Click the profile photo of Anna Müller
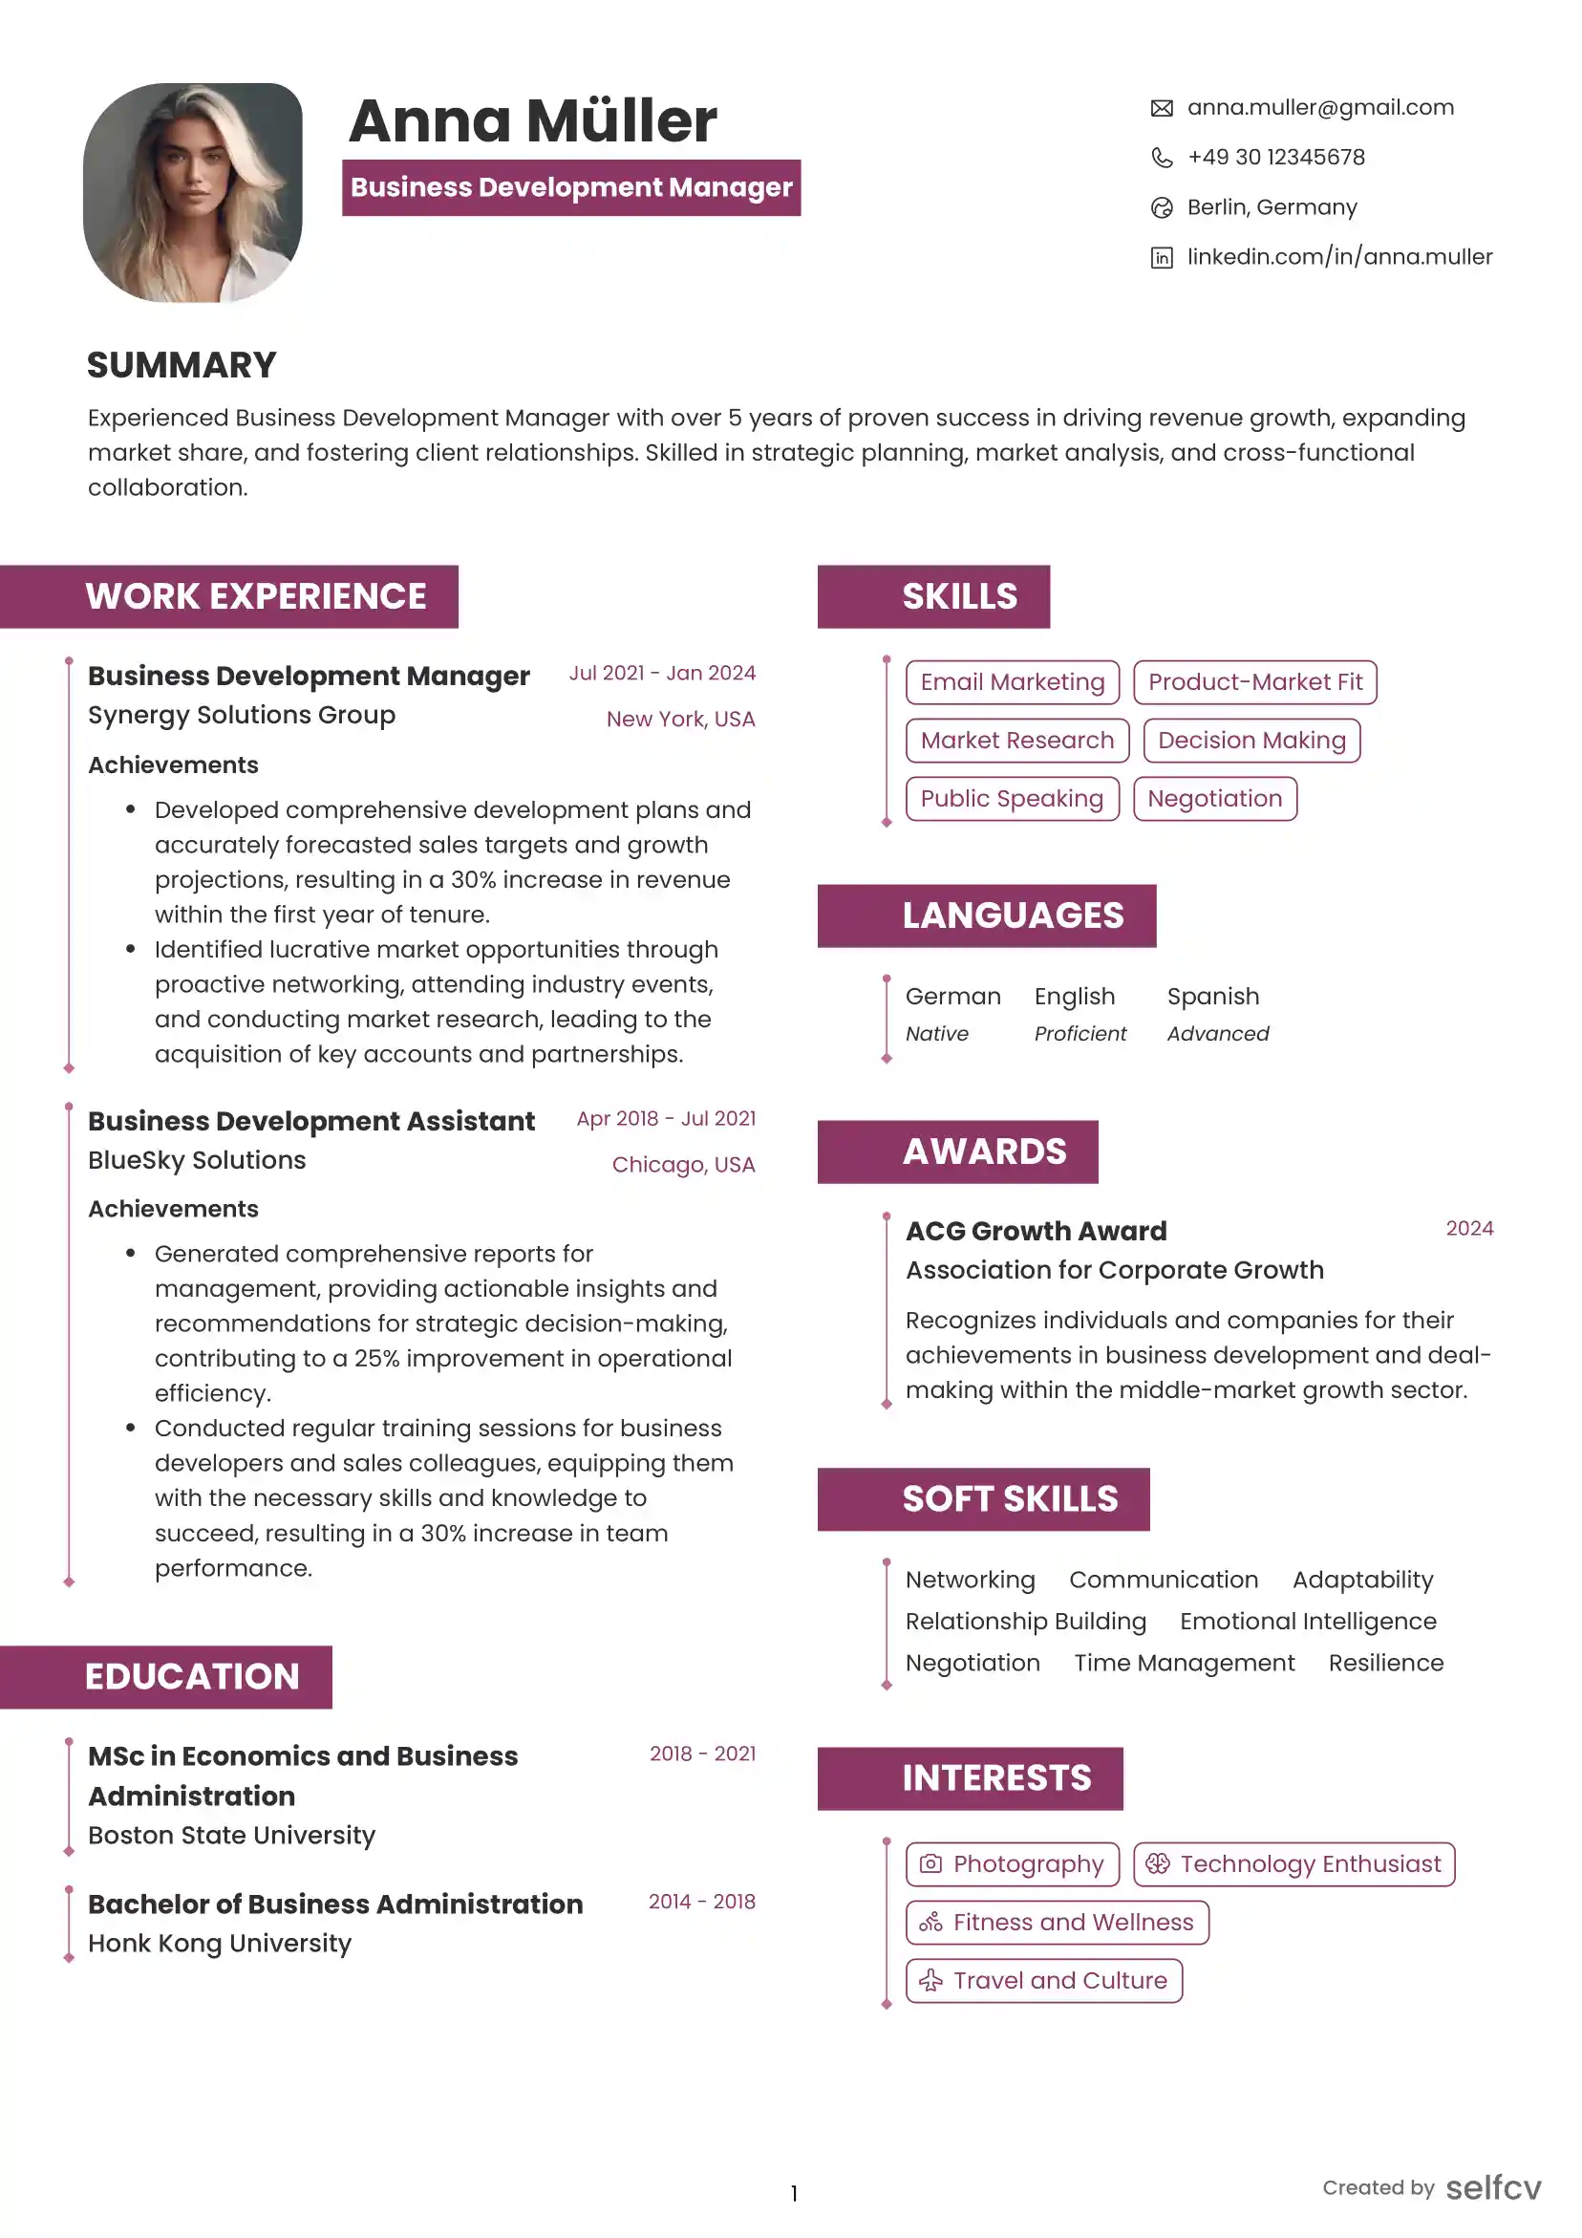click(x=193, y=192)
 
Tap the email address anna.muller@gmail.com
click(x=1320, y=107)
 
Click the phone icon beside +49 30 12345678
click(x=1161, y=158)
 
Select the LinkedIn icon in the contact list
click(x=1161, y=257)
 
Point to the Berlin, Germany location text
click(x=1272, y=207)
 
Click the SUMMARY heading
click(x=182, y=366)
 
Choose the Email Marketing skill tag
click(x=1012, y=682)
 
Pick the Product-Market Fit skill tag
click(x=1254, y=682)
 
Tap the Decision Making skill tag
click(x=1251, y=741)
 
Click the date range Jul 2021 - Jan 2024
click(x=662, y=674)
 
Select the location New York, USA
click(x=680, y=720)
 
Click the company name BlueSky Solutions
click(x=197, y=1160)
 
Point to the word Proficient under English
click(x=1080, y=1033)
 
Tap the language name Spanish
click(x=1212, y=996)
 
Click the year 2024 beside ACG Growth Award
click(x=1469, y=1228)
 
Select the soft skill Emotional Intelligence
click(x=1307, y=1621)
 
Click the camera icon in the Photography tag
click(x=930, y=1863)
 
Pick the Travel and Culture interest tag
click(x=1043, y=1981)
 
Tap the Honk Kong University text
click(x=220, y=1944)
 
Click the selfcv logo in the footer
click(x=1492, y=2188)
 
